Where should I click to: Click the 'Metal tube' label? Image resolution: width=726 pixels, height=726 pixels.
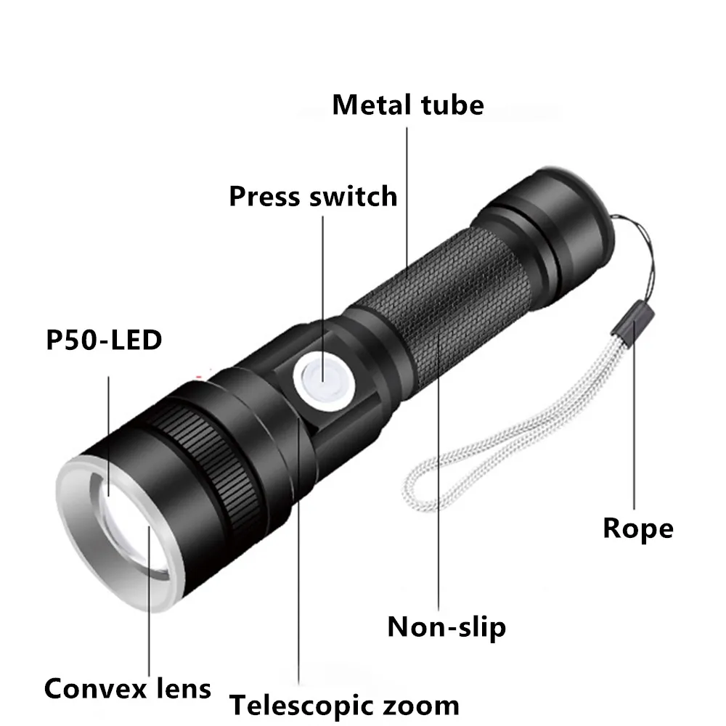pos(407,105)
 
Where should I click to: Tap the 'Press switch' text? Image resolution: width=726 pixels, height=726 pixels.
pos(313,196)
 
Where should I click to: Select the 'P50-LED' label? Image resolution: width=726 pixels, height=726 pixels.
pos(103,340)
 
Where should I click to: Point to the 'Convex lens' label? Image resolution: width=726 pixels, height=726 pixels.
pos(128,688)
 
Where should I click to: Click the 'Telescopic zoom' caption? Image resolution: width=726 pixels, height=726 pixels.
pos(344,705)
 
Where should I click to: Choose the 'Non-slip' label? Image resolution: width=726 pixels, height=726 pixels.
pos(446,626)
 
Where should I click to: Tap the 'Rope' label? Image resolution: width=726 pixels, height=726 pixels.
pos(637,528)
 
